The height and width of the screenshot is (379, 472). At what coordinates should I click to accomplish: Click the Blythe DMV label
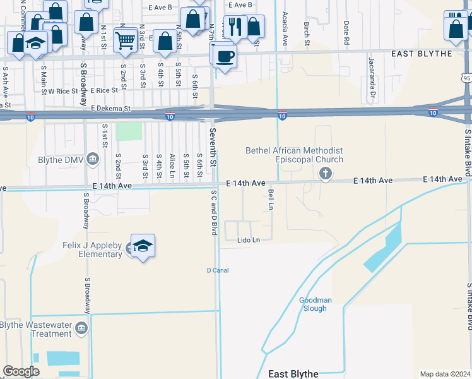click(x=61, y=160)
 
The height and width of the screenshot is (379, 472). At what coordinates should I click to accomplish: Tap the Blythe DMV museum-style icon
click(x=93, y=158)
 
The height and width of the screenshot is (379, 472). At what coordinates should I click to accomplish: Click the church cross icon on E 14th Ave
click(x=325, y=174)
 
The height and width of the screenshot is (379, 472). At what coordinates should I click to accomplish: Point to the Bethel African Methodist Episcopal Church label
click(x=295, y=155)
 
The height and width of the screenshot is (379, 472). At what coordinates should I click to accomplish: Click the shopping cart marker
click(x=126, y=40)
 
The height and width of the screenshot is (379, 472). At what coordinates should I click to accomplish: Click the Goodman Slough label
click(x=313, y=304)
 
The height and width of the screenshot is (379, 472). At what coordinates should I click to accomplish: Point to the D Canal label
click(x=217, y=270)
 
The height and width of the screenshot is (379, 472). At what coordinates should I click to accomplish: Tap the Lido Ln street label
click(x=249, y=240)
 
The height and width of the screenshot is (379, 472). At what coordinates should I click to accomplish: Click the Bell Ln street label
click(x=271, y=199)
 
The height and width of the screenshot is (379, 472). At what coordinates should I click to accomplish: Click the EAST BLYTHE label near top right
click(x=422, y=54)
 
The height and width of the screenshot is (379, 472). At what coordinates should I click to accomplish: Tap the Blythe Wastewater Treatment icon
click(x=81, y=328)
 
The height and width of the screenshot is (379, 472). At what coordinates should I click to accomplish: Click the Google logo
click(x=21, y=371)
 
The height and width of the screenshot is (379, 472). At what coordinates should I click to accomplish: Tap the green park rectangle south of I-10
click(x=130, y=131)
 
